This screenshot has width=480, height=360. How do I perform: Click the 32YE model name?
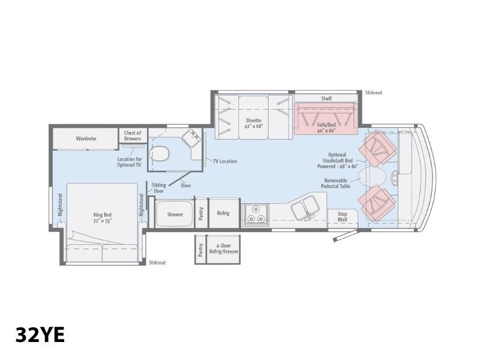click(x=40, y=335)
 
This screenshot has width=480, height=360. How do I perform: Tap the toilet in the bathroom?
click(x=159, y=154)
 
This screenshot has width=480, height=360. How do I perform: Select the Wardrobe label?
click(x=86, y=139)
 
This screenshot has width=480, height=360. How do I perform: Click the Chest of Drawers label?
click(x=133, y=136)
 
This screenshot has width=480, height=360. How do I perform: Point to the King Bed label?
click(x=102, y=218)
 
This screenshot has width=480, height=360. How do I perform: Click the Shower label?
click(x=175, y=214)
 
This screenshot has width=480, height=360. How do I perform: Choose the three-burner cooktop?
click(x=256, y=215)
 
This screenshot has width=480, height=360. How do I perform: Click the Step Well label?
click(x=342, y=217)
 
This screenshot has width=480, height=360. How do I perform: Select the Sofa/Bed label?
click(x=326, y=128)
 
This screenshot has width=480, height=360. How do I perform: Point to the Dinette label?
click(x=253, y=123)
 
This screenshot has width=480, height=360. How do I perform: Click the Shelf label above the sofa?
click(x=326, y=98)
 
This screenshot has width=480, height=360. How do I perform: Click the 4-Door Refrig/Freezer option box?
click(x=223, y=250)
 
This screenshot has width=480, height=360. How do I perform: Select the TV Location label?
click(x=225, y=161)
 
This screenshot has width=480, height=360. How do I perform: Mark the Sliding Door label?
click(x=158, y=188)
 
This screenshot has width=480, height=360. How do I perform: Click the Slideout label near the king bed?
click(x=157, y=262)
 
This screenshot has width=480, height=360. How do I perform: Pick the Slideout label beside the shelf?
click(x=373, y=92)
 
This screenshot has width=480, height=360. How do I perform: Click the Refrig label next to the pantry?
click(x=223, y=213)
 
